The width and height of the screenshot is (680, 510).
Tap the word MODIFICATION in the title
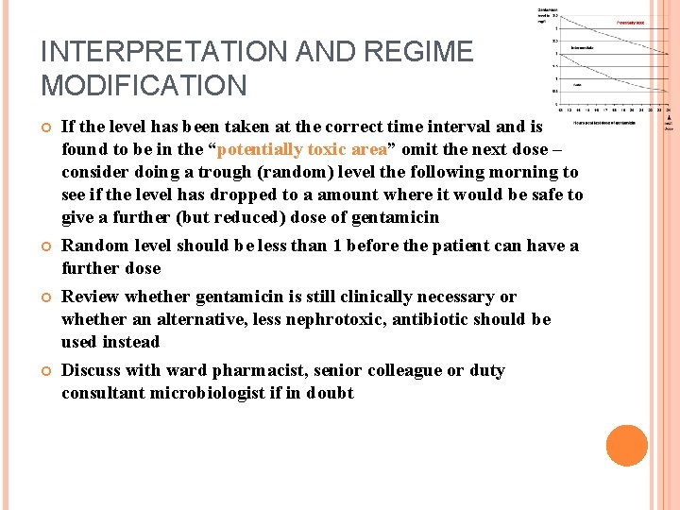[x=144, y=86]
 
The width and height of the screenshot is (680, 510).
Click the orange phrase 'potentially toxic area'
[x=302, y=149]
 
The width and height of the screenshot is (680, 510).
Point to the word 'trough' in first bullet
[x=225, y=172]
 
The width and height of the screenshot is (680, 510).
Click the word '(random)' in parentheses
[x=294, y=172]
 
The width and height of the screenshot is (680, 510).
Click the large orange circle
[x=626, y=446]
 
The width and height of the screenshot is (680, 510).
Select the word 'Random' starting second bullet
[x=93, y=246]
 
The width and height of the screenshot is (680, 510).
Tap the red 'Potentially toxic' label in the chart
[x=631, y=22]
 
